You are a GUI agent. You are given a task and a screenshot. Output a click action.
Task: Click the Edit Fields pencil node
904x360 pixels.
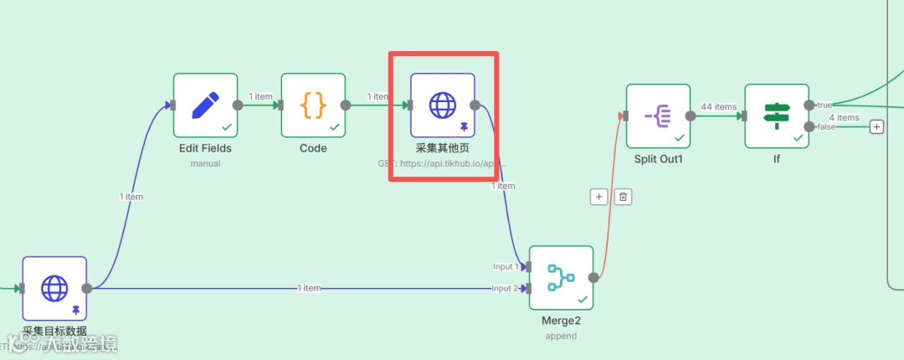click(205, 105)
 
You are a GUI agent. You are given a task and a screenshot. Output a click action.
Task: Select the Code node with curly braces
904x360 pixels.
click(313, 105)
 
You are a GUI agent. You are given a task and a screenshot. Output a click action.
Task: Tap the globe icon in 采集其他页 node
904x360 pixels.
click(442, 105)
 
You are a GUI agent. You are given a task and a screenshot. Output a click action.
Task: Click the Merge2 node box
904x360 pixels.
click(561, 278)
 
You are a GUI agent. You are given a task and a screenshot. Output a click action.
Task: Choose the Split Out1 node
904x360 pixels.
click(658, 116)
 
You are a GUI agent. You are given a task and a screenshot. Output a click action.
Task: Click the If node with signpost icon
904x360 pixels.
click(776, 116)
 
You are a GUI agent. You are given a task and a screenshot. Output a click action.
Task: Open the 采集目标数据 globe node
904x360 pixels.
click(54, 288)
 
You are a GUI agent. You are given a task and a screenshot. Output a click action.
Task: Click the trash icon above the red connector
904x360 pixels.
click(623, 197)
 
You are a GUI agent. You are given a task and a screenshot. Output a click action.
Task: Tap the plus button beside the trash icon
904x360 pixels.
click(598, 197)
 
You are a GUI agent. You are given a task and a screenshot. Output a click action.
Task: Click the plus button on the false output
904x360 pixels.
click(876, 126)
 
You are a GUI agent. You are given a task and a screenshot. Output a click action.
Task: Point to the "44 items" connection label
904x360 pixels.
click(718, 107)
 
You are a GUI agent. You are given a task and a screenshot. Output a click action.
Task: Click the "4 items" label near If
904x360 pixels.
click(844, 117)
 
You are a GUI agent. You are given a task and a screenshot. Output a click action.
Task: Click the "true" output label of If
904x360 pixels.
click(824, 105)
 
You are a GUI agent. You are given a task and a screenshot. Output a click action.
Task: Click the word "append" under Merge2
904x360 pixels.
click(560, 336)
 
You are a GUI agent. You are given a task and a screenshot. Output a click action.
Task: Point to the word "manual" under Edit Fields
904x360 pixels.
click(205, 163)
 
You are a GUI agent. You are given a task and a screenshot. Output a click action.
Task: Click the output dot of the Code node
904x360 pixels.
click(346, 105)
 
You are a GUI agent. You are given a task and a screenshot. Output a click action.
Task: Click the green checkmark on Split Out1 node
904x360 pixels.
click(679, 137)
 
